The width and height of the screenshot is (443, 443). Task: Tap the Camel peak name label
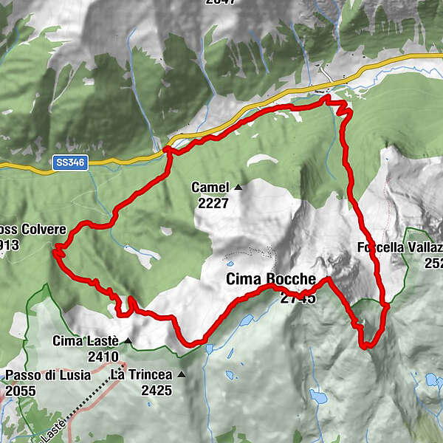210,188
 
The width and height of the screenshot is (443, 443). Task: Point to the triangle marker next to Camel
238,188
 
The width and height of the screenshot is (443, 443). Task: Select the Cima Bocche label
270,280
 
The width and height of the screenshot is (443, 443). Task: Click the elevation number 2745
298,298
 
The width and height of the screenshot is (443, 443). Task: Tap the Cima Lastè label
86,341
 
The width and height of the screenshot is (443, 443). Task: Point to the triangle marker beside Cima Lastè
128,341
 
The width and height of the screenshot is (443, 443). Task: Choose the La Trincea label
141,375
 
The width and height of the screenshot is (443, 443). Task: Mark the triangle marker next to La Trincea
181,375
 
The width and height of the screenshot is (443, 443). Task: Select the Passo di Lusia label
48,375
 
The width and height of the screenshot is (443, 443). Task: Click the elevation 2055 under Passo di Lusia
20,390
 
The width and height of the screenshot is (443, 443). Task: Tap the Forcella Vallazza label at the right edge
399,247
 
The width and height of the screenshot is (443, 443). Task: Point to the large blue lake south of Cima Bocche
319,398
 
